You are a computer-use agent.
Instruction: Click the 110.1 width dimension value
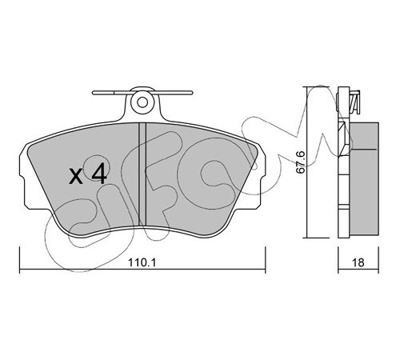click(142, 262)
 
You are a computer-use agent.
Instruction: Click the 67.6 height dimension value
click(301, 162)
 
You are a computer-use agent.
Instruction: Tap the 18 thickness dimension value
click(358, 262)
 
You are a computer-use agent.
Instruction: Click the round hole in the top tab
click(143, 102)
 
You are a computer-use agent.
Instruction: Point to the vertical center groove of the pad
click(142, 174)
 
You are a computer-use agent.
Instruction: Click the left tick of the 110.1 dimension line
click(20, 260)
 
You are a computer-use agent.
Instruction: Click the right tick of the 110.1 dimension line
click(265, 260)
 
